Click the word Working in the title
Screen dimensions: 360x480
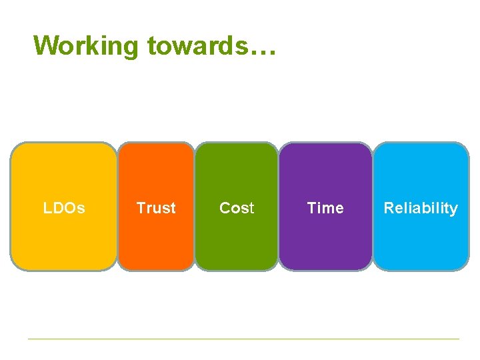click(x=87, y=45)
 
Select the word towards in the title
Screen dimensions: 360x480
click(x=195, y=45)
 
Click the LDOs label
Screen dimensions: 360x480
click(x=64, y=208)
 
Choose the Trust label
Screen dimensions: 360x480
click(x=156, y=208)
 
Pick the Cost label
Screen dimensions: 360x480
click(x=237, y=208)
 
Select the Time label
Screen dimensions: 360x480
click(x=325, y=208)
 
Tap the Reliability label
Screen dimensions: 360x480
click(x=421, y=208)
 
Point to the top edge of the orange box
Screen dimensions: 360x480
click(x=156, y=143)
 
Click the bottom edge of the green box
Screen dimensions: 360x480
click(x=237, y=270)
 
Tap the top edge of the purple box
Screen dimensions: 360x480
click(x=325, y=143)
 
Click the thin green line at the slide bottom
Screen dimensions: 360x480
click(x=243, y=339)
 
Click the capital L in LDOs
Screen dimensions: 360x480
click(x=47, y=208)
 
